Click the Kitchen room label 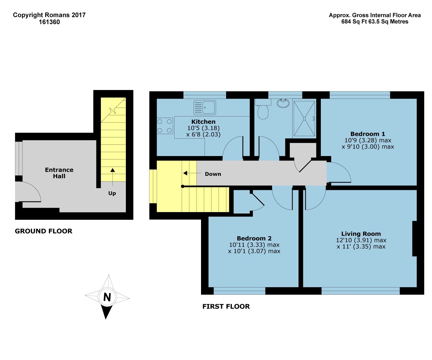pos(203,122)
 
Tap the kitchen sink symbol pos(205,108)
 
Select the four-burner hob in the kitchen pos(165,126)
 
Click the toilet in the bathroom pos(263,110)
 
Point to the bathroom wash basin pos(284,103)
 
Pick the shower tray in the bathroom pos(304,118)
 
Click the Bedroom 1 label pos(367,134)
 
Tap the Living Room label pos(361,234)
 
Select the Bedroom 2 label pos(254,238)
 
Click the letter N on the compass pos(107,297)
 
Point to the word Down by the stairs pos(213,174)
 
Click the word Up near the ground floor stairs pos(112,193)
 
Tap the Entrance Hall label pos(59,173)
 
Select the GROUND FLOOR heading pos(43,231)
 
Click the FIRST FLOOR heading pos(226,306)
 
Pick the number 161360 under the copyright pos(49,22)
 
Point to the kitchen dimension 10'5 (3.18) pos(203,128)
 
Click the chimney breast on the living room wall pos(414,239)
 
